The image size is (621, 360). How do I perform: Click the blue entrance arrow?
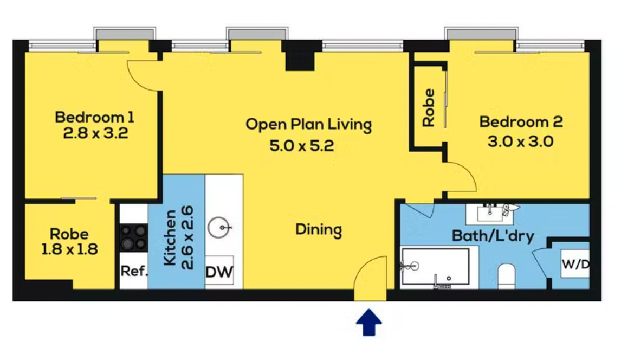pyautogui.click(x=368, y=323)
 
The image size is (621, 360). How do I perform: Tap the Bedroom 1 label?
pyautogui.click(x=95, y=117)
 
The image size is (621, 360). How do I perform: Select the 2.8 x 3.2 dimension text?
pyautogui.click(x=95, y=133)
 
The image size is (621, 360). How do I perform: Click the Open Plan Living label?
pyautogui.click(x=308, y=124)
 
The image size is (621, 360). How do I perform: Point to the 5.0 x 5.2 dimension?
pyautogui.click(x=302, y=146)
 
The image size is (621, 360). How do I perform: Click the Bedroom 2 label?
pyautogui.click(x=521, y=121)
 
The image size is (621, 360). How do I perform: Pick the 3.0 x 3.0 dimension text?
pyautogui.click(x=520, y=142)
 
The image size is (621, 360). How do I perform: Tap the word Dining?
pyautogui.click(x=319, y=230)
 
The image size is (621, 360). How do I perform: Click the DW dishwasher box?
pyautogui.click(x=219, y=272)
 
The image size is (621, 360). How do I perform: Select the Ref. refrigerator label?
pyautogui.click(x=134, y=271)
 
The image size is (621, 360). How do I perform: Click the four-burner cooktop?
pyautogui.click(x=133, y=237)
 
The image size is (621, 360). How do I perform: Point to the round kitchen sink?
pyautogui.click(x=219, y=228)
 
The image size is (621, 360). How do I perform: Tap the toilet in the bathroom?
pyautogui.click(x=506, y=275)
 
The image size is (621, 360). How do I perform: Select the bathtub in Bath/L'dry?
pyautogui.click(x=435, y=267)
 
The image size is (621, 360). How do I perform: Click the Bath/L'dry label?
pyautogui.click(x=493, y=236)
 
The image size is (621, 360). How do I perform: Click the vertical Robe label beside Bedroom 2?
pyautogui.click(x=429, y=107)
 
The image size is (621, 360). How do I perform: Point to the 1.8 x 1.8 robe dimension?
pyautogui.click(x=70, y=249)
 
